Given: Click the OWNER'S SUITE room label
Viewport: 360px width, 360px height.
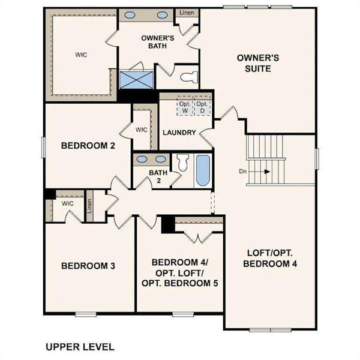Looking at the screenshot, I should [254, 63].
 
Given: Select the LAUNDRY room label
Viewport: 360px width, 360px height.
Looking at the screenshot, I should [179, 133].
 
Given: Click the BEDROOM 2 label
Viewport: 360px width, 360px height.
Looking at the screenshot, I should [88, 145].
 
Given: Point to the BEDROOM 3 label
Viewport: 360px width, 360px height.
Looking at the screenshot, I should [88, 266].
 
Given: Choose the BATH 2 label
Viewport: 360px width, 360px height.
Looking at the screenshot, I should [157, 177].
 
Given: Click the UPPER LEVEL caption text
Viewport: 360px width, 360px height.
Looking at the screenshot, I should [80, 347].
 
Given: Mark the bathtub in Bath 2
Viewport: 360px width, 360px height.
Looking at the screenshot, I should [202, 171].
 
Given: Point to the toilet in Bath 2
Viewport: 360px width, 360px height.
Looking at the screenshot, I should [183, 163].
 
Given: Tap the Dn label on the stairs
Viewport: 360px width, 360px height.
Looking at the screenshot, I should [243, 171].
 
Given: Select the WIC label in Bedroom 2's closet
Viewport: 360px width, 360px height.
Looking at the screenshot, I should [142, 129].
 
